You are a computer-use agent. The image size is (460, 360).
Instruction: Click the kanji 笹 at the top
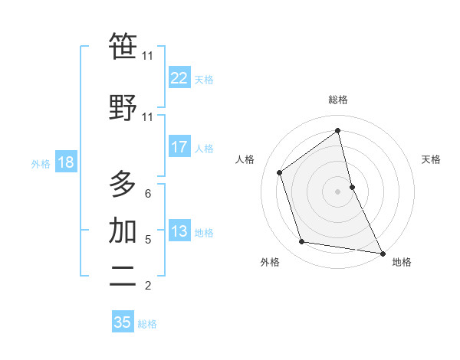point(123,47)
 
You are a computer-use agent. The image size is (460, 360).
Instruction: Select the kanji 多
point(123,183)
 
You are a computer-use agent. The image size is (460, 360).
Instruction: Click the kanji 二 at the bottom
point(123,276)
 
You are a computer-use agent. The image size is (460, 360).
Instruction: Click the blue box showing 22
point(179,78)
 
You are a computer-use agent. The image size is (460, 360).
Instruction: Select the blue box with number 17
point(179,147)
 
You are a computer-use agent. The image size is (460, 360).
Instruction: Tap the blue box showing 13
point(179,231)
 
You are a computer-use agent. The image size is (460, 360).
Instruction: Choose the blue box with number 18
point(65,162)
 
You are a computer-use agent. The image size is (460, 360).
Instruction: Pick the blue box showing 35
point(123,322)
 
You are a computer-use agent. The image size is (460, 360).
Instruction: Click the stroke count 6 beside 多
point(148,194)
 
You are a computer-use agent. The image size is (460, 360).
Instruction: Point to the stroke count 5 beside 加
point(148,240)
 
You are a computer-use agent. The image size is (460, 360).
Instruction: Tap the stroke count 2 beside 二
point(148,286)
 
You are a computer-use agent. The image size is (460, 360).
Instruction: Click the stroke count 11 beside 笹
point(148,56)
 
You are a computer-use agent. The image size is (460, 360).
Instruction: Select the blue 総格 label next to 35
point(148,324)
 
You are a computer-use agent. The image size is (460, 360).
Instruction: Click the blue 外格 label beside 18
point(41,164)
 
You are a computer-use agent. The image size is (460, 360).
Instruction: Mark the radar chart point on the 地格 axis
point(383,253)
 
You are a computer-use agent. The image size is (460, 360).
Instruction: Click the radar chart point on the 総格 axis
point(337,131)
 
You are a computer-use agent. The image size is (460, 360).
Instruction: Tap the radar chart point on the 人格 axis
point(280,172)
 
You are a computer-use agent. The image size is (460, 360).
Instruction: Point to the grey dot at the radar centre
point(337,191)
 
